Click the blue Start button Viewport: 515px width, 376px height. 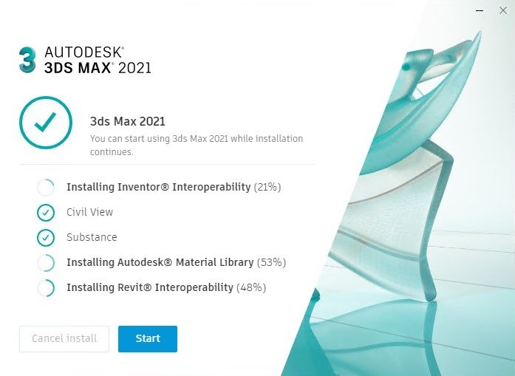pos(148,338)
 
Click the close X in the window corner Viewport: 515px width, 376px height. pos(503,10)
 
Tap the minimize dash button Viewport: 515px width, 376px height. pos(480,10)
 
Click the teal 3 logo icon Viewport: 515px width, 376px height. pos(27,59)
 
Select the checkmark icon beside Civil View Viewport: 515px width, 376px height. pos(46,213)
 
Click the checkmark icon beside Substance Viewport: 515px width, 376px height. pos(46,238)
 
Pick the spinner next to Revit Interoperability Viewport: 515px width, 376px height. pos(54,287)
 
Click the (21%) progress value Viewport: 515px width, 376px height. pos(267,187)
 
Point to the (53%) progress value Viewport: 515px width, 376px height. pos(271,262)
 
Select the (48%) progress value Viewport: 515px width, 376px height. pos(251,287)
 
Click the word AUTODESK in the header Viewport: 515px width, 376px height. pos(84,52)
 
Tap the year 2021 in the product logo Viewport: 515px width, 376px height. pos(134,68)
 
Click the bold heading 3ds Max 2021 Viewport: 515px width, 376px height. pos(127,121)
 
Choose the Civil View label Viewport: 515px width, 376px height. pos(89,212)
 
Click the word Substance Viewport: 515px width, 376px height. pos(92,237)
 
